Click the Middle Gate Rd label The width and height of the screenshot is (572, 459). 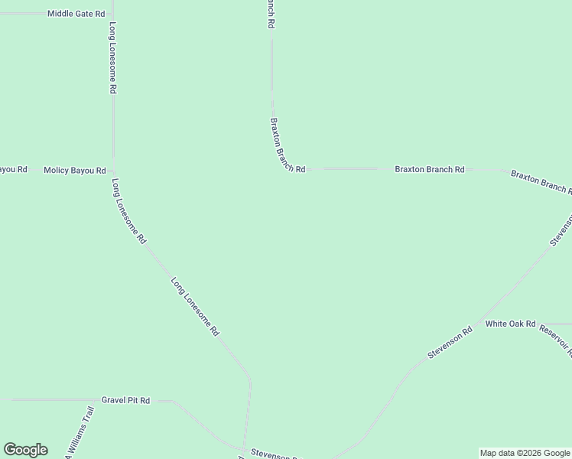[x=76, y=14]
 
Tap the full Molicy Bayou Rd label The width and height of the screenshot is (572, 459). [x=74, y=170]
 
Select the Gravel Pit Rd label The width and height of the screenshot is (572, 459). [x=125, y=400]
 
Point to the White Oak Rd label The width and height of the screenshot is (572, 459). [x=511, y=324]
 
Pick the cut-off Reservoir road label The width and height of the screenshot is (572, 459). [x=555, y=338]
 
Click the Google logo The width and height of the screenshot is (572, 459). [x=25, y=450]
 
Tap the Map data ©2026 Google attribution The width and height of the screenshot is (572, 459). [x=525, y=453]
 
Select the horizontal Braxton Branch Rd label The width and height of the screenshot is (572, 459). [x=429, y=169]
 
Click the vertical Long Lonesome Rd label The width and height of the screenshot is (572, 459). [x=112, y=57]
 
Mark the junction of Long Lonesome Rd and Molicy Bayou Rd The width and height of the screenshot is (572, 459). [x=113, y=170]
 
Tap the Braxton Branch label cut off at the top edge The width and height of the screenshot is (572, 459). [x=270, y=14]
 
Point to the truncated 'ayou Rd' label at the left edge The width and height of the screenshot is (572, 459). [x=13, y=169]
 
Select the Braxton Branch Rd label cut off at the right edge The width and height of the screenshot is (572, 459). [x=541, y=182]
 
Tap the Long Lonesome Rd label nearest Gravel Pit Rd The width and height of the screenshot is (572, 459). [x=195, y=306]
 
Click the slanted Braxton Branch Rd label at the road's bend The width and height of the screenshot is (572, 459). [x=287, y=145]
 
